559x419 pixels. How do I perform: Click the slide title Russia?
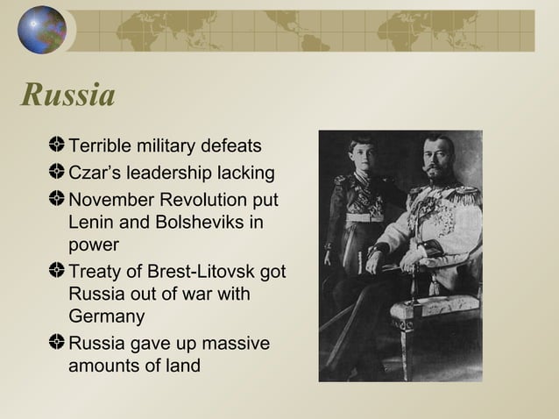point(68,95)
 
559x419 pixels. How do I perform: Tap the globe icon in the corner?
point(42,30)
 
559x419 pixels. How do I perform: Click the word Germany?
point(106,316)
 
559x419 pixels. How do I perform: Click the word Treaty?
point(95,272)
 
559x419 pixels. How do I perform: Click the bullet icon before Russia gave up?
point(58,342)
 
